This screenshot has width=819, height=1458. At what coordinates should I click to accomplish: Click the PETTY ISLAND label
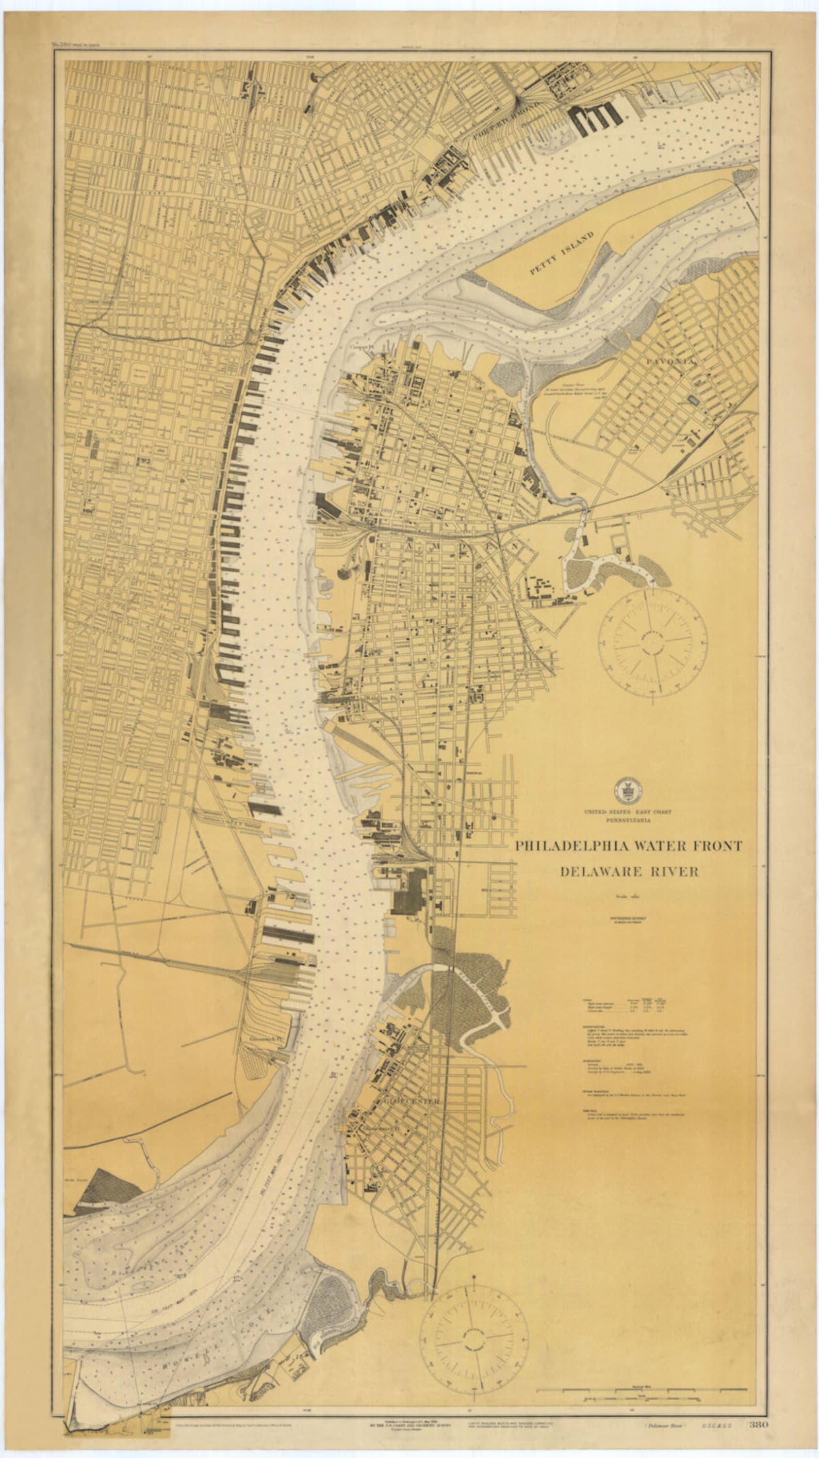(x=561, y=253)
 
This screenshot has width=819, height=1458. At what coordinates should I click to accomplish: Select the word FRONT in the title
(x=715, y=846)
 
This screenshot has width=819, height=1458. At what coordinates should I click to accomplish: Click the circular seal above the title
(x=628, y=791)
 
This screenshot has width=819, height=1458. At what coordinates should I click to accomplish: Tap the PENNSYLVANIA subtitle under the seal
(x=628, y=820)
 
